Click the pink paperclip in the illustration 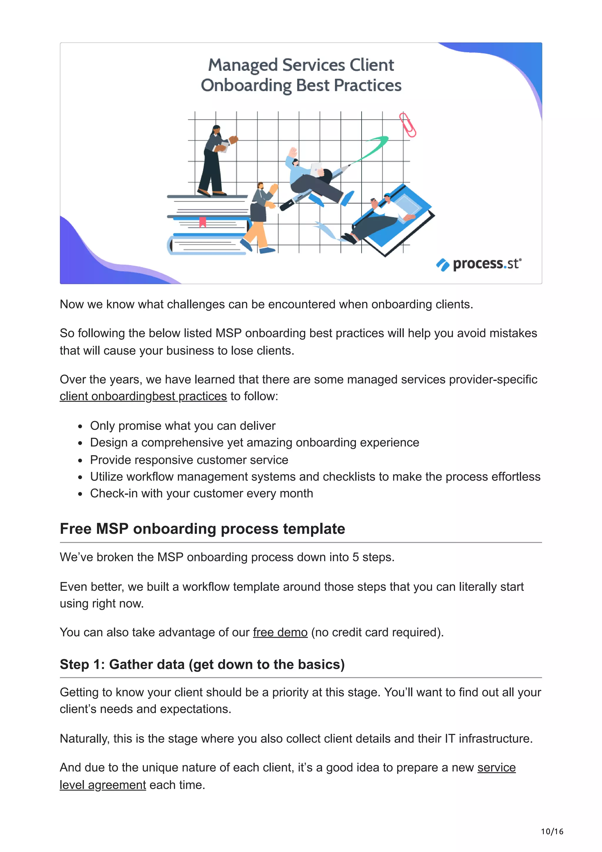point(407,125)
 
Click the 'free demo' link point(280,632)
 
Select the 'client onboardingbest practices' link point(143,396)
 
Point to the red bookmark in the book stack point(203,222)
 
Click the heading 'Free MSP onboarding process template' point(202,529)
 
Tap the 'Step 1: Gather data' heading point(202,664)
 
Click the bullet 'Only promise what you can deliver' point(183,426)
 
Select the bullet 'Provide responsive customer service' point(189,460)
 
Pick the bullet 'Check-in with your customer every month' point(201,494)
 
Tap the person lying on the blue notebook point(378,219)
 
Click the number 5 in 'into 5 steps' point(355,557)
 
